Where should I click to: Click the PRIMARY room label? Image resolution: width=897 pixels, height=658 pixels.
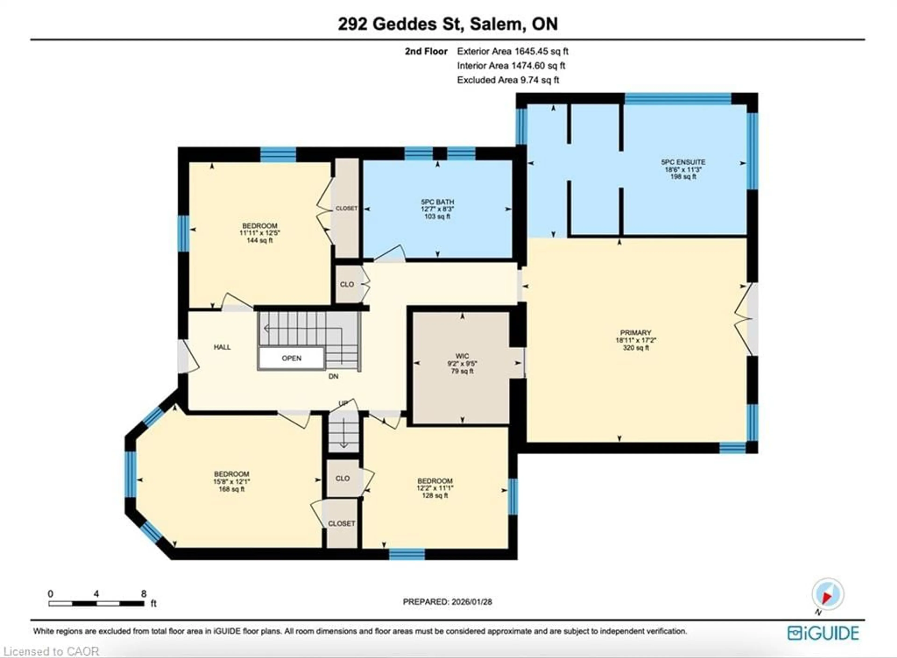tap(635, 333)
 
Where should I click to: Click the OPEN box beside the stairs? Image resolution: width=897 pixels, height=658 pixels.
tap(292, 358)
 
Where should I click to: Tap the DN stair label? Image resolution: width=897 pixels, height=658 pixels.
tap(333, 376)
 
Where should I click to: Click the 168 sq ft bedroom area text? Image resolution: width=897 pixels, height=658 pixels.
tap(231, 489)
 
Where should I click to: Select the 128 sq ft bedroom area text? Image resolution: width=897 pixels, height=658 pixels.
tap(435, 496)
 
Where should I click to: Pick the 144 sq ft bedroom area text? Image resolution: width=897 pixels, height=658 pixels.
tap(260, 240)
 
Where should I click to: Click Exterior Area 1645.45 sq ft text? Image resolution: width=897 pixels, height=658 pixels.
tap(513, 51)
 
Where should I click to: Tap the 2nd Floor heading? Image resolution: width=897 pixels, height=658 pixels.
tap(426, 51)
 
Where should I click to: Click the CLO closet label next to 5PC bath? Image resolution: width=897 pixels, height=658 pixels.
tap(347, 284)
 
